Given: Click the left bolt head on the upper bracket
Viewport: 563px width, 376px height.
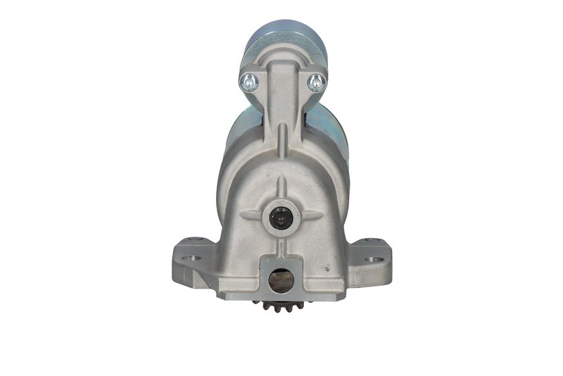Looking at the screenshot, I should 249,82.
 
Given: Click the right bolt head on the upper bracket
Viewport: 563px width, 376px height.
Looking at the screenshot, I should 316,82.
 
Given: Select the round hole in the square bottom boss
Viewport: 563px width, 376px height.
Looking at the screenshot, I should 282,281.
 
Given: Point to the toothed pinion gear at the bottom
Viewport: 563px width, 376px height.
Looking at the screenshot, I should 282,306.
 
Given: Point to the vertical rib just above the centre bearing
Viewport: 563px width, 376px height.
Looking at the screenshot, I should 282,189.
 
